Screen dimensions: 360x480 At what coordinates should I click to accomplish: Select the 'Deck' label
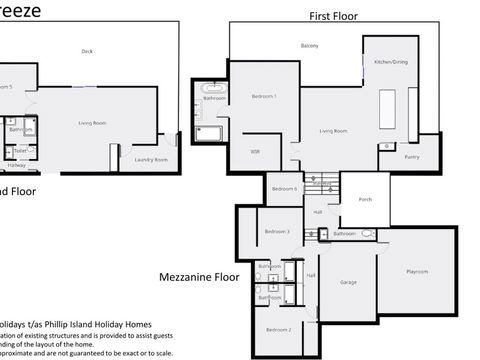[x=87, y=52]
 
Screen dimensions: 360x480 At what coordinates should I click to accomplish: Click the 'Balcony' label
[x=310, y=47]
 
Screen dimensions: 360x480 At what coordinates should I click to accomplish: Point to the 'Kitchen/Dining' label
[x=390, y=63]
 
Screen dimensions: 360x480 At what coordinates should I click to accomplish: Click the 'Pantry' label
[x=411, y=157]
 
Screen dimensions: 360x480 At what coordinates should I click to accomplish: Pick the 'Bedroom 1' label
[x=263, y=96]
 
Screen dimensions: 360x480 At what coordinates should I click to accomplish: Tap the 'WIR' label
[x=256, y=152]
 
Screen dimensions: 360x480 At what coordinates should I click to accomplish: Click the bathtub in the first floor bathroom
[x=211, y=132]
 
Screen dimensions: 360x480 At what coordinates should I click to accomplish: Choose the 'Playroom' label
[x=417, y=271]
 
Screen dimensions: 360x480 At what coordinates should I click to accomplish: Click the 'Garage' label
[x=348, y=282]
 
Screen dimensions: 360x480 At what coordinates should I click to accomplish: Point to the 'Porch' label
[x=365, y=199]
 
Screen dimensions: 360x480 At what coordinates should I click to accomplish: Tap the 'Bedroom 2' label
[x=278, y=329]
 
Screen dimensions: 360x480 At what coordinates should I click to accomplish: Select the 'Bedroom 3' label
[x=277, y=232]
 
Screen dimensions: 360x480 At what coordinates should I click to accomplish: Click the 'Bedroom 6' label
[x=284, y=188]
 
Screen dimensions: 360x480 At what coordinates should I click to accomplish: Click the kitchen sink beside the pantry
[x=386, y=148]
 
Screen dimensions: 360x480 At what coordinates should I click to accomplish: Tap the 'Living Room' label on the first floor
[x=333, y=131]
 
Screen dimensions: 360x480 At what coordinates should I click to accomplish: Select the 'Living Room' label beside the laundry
[x=93, y=123]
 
